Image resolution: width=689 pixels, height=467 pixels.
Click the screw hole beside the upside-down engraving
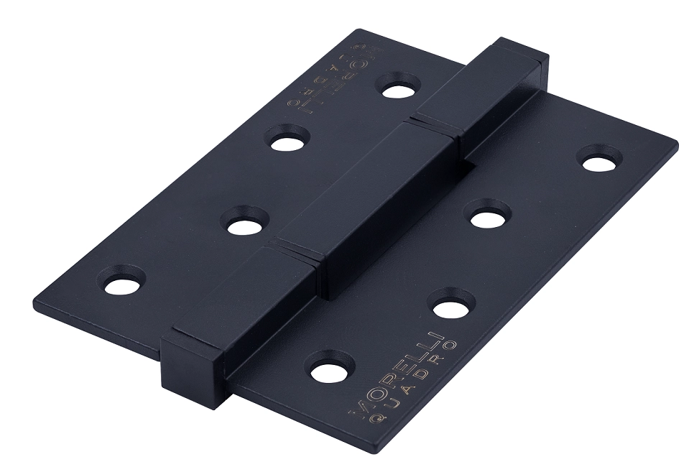[x=399, y=90]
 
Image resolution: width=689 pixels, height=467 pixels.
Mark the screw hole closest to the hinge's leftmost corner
[x=122, y=285]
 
